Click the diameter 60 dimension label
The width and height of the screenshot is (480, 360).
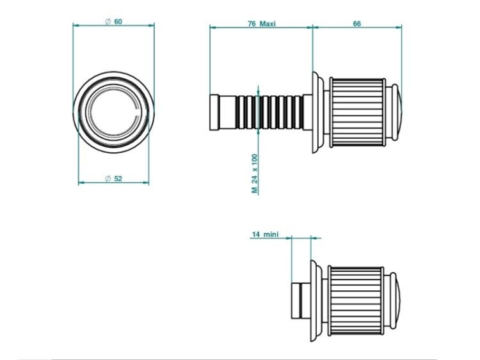[x=113, y=22]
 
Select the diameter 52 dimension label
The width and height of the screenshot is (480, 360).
[x=113, y=178]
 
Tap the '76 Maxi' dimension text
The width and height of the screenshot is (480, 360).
[x=262, y=24]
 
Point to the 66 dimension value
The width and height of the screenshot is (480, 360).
[x=357, y=24]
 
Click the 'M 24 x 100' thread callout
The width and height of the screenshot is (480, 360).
[x=255, y=174]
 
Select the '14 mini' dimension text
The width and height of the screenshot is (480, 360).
[x=266, y=235]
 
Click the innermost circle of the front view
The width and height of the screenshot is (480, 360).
[x=113, y=112]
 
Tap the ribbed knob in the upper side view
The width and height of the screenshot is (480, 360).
[x=357, y=113]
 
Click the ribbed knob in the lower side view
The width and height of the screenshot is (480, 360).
[x=356, y=301]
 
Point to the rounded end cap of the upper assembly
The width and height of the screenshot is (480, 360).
[x=397, y=113]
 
